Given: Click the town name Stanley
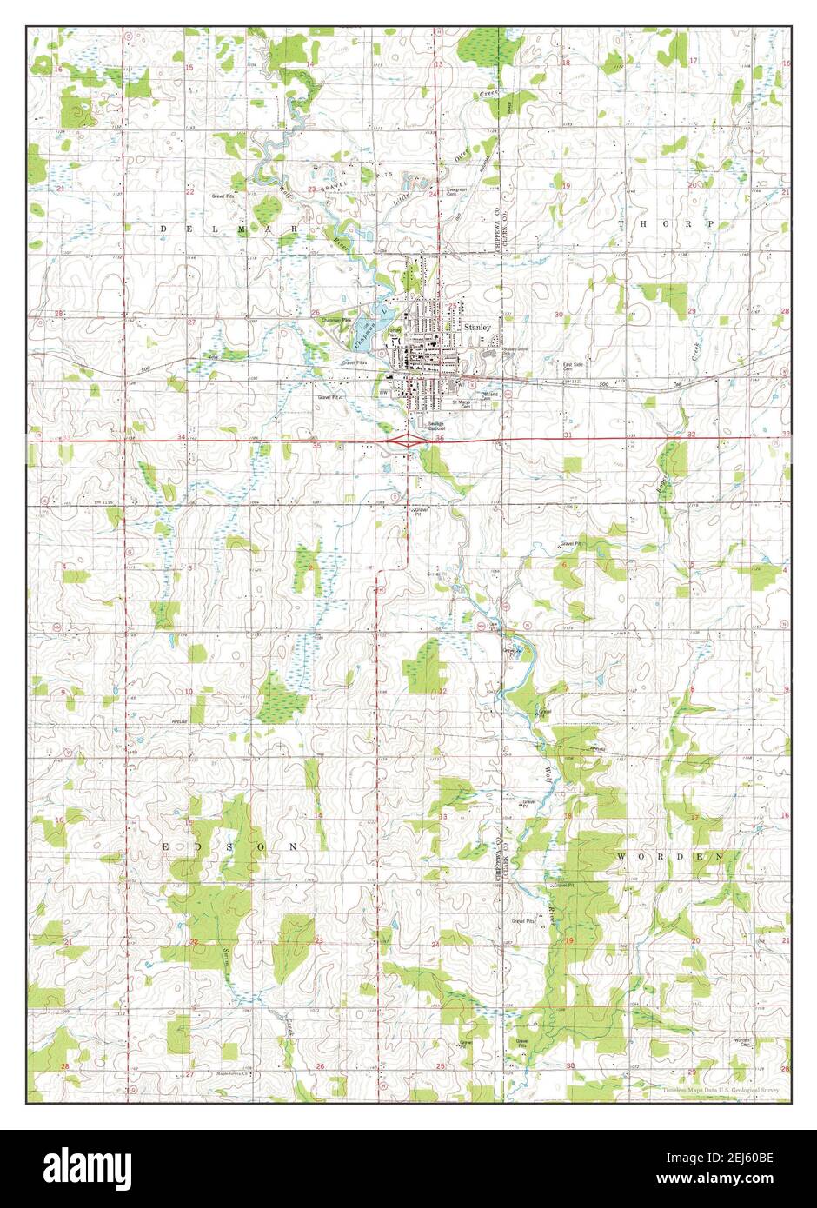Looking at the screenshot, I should pos(477,327).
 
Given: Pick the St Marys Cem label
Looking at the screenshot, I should pos(459,405).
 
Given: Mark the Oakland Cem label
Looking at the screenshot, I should pos(492,395).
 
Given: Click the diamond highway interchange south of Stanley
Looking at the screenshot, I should pos(406,441).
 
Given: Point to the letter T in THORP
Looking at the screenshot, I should pos(622,224).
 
